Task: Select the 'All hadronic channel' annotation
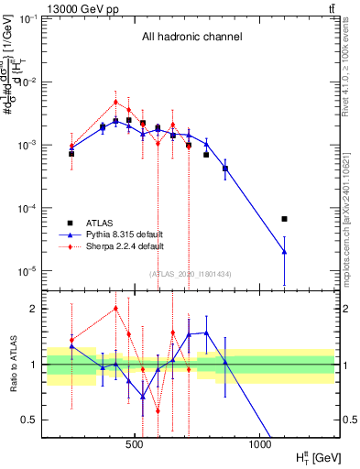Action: tap(191, 38)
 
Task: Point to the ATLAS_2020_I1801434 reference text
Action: tap(191, 274)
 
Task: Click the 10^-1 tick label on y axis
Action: tap(25, 19)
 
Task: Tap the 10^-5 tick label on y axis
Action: tap(25, 271)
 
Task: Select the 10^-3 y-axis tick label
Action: tap(25, 146)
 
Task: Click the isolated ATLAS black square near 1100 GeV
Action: tap(284, 219)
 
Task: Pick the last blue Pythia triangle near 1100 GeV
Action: tap(284, 251)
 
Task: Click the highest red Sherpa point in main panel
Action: tap(115, 103)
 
